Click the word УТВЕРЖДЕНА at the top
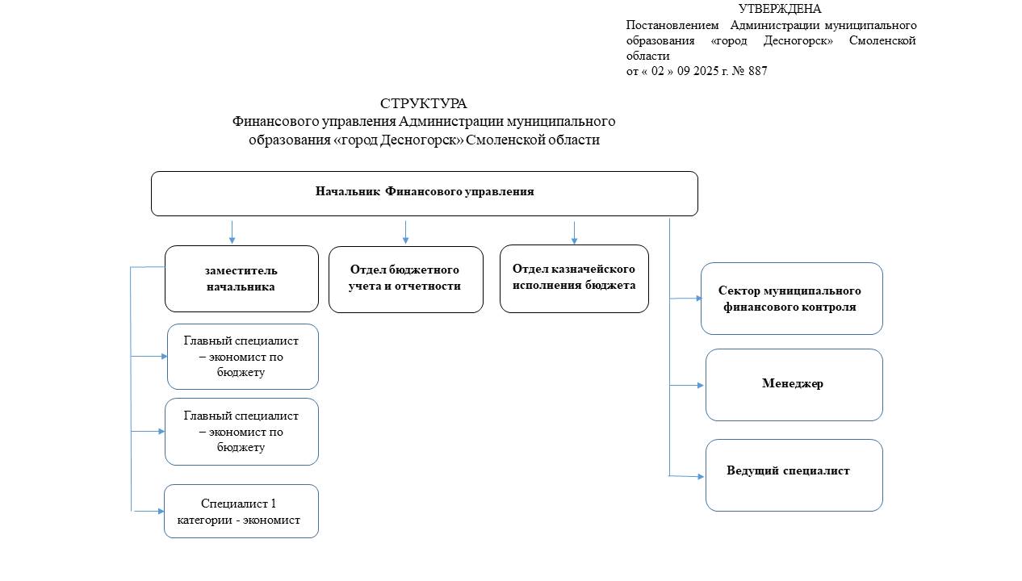coord(779,9)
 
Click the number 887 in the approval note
coord(757,71)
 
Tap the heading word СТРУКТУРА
coord(423,103)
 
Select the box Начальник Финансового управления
coord(424,193)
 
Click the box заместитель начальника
coord(241,278)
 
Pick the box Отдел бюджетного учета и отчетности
coord(405,278)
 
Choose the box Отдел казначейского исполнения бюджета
coord(574,278)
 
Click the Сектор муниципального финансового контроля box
coord(790,299)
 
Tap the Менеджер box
coord(793,384)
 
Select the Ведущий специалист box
coord(793,474)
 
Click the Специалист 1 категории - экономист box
coord(241,512)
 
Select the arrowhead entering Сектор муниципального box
coord(698,298)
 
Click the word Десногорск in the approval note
coord(798,40)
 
